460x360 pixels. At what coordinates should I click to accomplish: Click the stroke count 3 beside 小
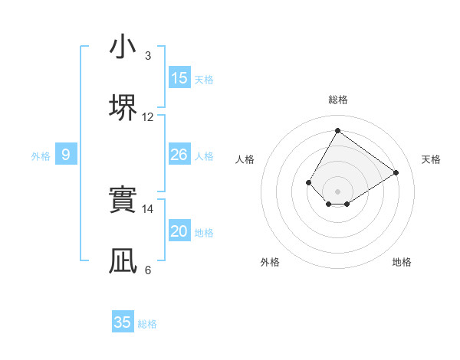[x=147, y=56]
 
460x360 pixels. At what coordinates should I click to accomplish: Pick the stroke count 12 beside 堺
[x=148, y=117]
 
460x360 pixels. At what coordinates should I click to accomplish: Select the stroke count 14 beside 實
[x=148, y=208]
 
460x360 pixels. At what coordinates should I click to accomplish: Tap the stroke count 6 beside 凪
[x=147, y=270]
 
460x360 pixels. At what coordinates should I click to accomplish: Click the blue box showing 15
[x=179, y=78]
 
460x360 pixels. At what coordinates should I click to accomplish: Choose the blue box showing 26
[x=179, y=155]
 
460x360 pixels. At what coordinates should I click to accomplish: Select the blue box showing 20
[x=179, y=231]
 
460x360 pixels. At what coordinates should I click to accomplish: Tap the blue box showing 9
[x=66, y=155]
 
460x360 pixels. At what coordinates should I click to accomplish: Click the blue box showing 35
[x=123, y=322]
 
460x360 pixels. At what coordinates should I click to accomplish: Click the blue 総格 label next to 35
[x=148, y=324]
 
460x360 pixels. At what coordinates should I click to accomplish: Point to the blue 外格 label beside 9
[x=41, y=156]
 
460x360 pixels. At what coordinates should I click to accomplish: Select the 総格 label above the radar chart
[x=337, y=100]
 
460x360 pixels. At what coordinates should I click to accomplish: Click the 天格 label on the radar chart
[x=431, y=159]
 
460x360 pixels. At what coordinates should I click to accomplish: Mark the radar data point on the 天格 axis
[x=396, y=172]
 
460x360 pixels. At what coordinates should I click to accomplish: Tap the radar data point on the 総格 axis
[x=337, y=129]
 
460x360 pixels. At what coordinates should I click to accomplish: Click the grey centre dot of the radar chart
[x=337, y=191]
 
